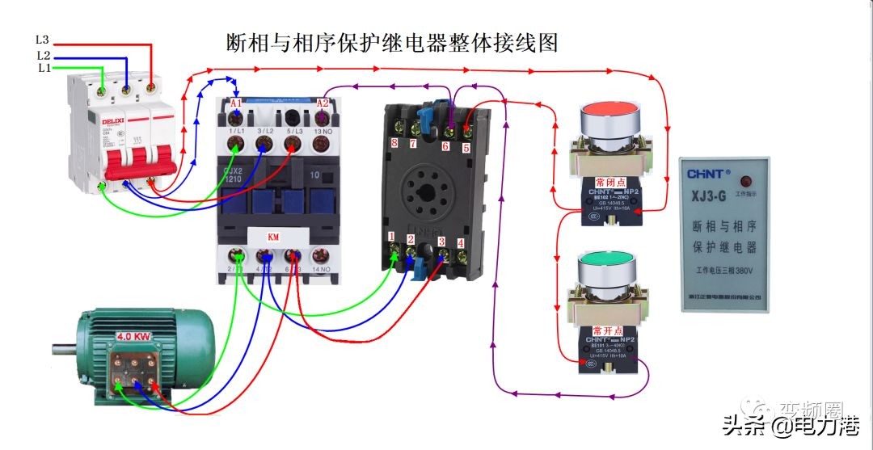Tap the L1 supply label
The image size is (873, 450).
43,69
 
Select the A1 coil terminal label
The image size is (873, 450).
236,103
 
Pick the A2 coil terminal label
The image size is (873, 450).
323,103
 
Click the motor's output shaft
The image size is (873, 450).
63,349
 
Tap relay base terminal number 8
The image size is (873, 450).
394,143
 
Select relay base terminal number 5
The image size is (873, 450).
466,147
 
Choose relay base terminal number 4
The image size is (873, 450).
460,242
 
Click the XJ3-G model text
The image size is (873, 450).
723,196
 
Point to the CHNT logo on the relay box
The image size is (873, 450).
708,174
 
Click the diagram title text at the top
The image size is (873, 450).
392,42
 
